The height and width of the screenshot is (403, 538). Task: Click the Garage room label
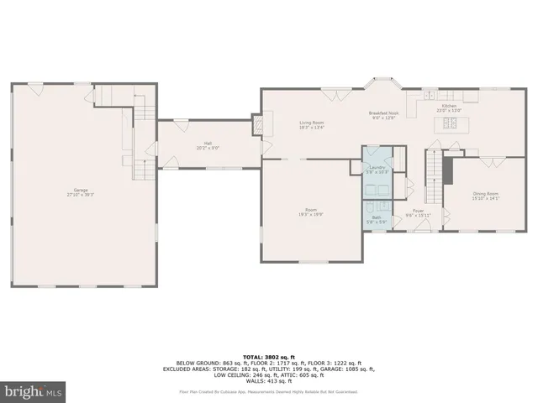coord(81,191)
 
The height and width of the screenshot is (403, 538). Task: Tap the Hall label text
coord(208,144)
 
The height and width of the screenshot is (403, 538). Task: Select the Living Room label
coord(312,125)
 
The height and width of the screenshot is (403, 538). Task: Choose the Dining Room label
coord(486,196)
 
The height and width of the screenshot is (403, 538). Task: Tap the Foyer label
coord(418,213)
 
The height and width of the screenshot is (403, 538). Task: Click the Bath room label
coord(377,218)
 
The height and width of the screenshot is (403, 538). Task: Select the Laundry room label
coord(377,170)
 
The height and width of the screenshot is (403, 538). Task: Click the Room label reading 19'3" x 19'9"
coord(311,212)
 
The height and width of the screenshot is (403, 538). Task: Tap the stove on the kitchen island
coord(451,124)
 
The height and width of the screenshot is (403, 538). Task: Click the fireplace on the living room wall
coord(257,123)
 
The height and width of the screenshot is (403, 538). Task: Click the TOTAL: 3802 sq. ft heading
coord(268,356)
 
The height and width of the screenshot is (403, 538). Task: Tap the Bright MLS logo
coord(33,391)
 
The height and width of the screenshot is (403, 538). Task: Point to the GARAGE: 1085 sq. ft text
coord(349,369)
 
